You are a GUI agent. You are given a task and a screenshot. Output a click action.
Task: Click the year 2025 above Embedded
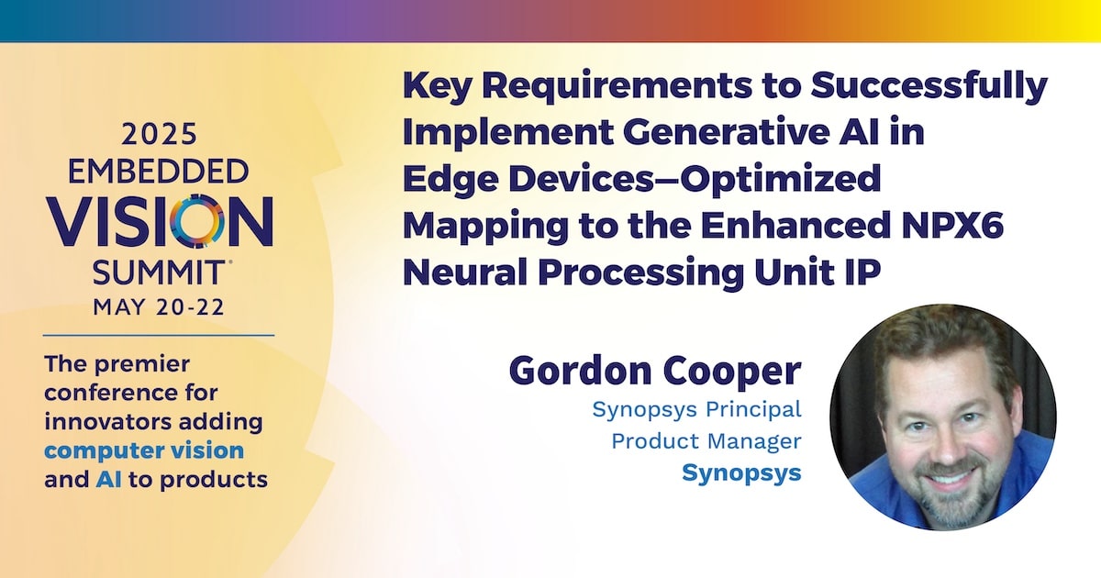coord(160,134)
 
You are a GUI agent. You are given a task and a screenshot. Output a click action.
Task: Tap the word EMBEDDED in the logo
coord(158,172)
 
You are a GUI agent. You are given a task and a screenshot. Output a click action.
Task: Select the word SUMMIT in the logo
coord(158,272)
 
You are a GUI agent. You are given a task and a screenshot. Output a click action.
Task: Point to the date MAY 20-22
coord(159,307)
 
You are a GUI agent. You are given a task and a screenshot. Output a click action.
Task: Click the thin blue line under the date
coord(159,336)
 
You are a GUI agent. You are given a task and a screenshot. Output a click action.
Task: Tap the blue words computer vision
coord(144,450)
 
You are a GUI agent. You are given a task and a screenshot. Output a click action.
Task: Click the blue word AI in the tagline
coord(109,479)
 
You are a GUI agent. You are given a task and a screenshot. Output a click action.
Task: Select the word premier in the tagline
coord(141,365)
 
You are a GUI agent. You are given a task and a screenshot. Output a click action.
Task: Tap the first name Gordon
coord(580,371)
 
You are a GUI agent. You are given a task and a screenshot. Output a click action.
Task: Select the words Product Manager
coord(706,441)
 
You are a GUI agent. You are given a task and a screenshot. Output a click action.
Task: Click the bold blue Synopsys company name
coord(741,473)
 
